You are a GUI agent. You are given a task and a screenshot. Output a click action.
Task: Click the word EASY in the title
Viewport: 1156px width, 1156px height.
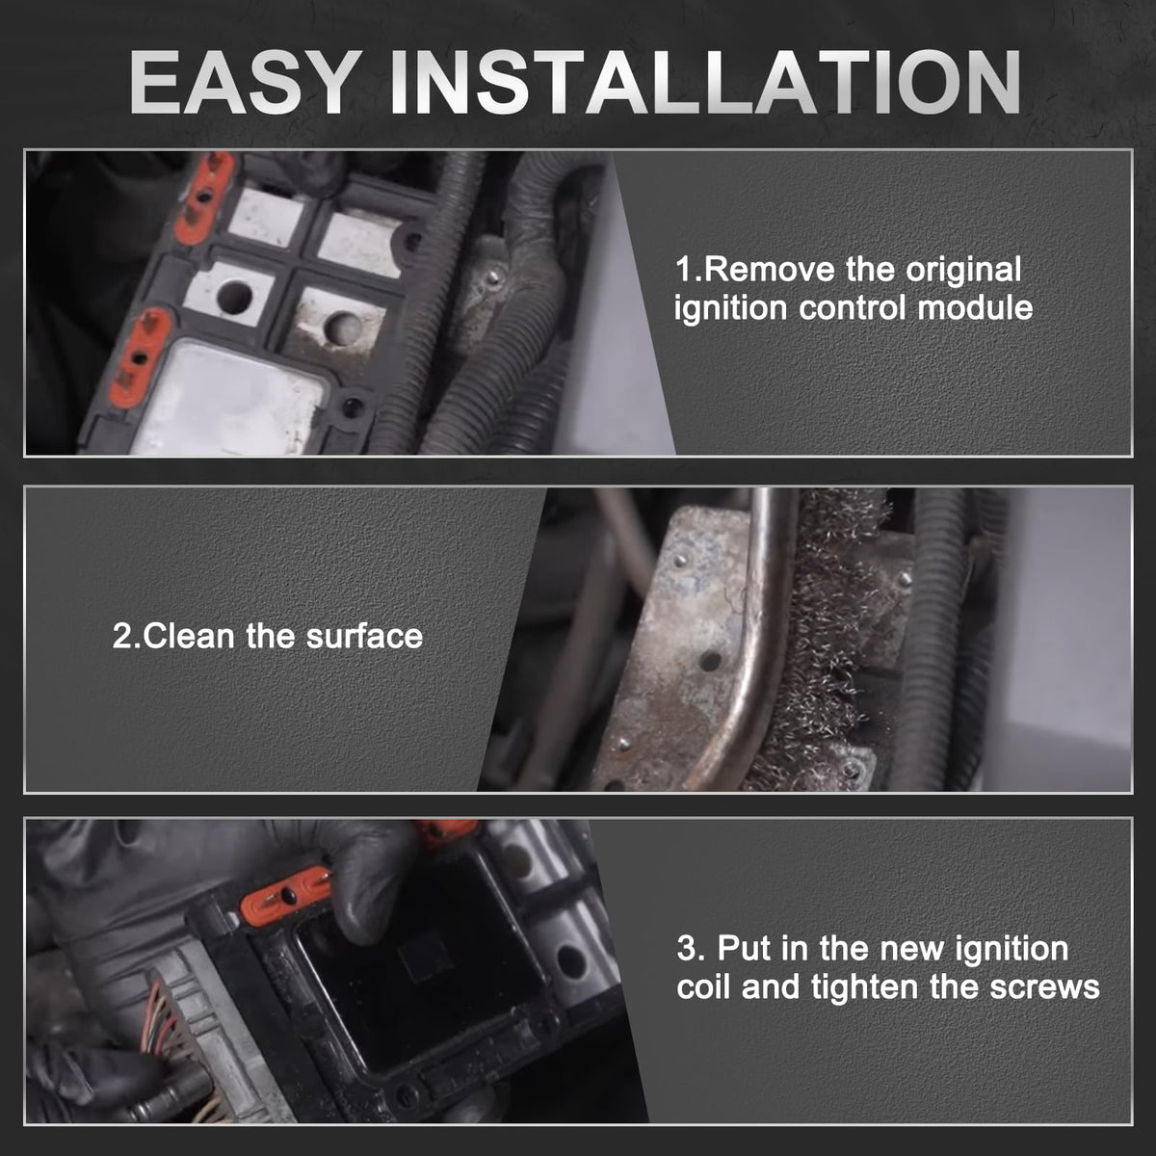[x=246, y=82]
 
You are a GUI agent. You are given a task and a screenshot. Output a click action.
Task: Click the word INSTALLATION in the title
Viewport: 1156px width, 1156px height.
[x=705, y=82]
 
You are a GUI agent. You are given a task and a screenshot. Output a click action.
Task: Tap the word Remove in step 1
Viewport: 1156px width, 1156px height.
[x=770, y=270]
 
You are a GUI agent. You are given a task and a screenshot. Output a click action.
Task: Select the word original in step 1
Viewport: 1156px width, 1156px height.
[x=963, y=271]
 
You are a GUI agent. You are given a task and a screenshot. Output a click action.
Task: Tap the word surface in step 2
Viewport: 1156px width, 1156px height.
[x=364, y=637]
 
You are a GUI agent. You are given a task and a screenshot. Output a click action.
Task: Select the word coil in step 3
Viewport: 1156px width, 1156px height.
[x=703, y=986]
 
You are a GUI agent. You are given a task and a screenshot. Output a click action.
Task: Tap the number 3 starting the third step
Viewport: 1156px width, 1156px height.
[x=687, y=949]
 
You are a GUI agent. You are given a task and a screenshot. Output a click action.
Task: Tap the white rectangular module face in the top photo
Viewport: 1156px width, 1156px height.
[x=228, y=399]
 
